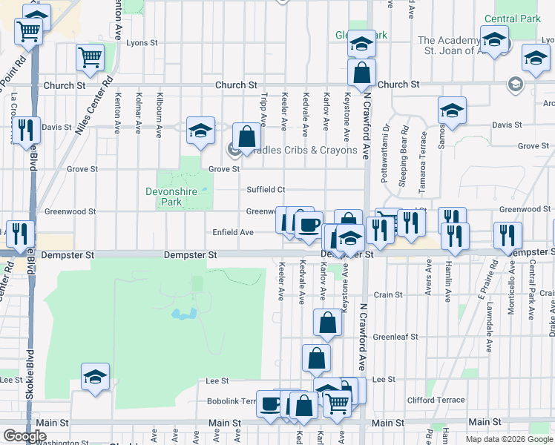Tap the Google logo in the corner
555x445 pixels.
coord(24,437)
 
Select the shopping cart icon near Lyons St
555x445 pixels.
coord(91,56)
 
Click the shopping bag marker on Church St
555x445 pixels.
coord(361,73)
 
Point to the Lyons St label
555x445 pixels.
coord(138,43)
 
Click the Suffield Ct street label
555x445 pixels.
coord(266,189)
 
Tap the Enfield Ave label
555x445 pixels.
coord(234,232)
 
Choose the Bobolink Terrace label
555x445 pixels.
coord(231,400)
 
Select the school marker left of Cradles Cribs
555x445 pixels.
coord(200,130)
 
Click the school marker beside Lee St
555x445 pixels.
coord(96,376)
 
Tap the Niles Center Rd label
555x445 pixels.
coord(93,105)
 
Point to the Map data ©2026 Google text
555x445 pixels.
coord(508,439)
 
